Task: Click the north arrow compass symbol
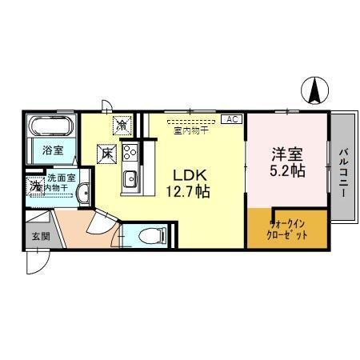(314, 89)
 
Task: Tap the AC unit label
(231, 119)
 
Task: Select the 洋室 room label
(287, 154)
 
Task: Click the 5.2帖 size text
(287, 170)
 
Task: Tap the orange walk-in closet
(287, 230)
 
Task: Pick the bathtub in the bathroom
(52, 126)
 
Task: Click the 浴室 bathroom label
(52, 150)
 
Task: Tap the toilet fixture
(149, 235)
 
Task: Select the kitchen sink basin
(130, 177)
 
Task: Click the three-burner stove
(130, 152)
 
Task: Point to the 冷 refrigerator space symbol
(122, 125)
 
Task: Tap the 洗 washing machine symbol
(34, 186)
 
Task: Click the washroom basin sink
(82, 187)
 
